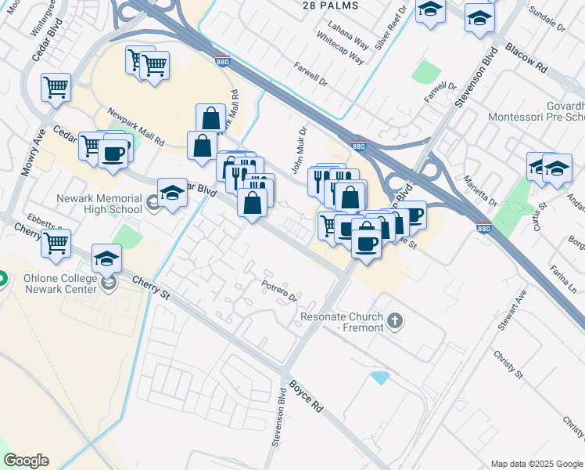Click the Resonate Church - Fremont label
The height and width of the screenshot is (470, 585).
(343, 322)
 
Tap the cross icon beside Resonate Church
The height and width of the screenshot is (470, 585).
(396, 320)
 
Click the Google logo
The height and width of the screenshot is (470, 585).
(26, 461)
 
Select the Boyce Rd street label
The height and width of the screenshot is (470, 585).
(306, 397)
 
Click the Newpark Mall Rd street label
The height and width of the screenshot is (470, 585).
(136, 126)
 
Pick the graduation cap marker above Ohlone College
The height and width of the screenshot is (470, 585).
(107, 258)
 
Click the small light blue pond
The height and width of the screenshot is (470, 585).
(380, 378)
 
